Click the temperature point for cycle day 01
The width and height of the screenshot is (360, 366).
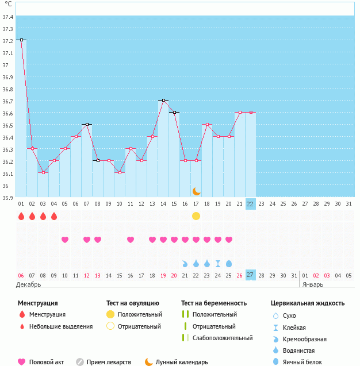[x=21, y=40]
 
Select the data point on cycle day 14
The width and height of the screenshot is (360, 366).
[x=163, y=101]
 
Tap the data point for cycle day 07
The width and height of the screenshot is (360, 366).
[x=87, y=125]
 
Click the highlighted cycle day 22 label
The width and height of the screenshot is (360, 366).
[x=250, y=203]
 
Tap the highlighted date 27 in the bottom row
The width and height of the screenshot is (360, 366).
[x=250, y=275]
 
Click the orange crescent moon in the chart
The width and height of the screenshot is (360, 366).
[x=197, y=191]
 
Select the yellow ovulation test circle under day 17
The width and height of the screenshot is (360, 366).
[x=196, y=216]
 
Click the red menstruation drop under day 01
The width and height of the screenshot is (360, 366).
[x=21, y=217]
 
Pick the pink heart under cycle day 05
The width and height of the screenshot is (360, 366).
[x=65, y=240]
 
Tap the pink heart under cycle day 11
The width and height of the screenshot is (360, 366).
[x=131, y=240]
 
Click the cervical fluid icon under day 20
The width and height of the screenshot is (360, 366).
[x=229, y=263]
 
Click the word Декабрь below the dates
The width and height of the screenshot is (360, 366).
[x=29, y=284]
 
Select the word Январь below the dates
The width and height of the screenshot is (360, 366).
[x=313, y=284]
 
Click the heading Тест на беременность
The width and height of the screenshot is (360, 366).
[x=214, y=303]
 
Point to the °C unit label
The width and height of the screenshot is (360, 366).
[x=8, y=4]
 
